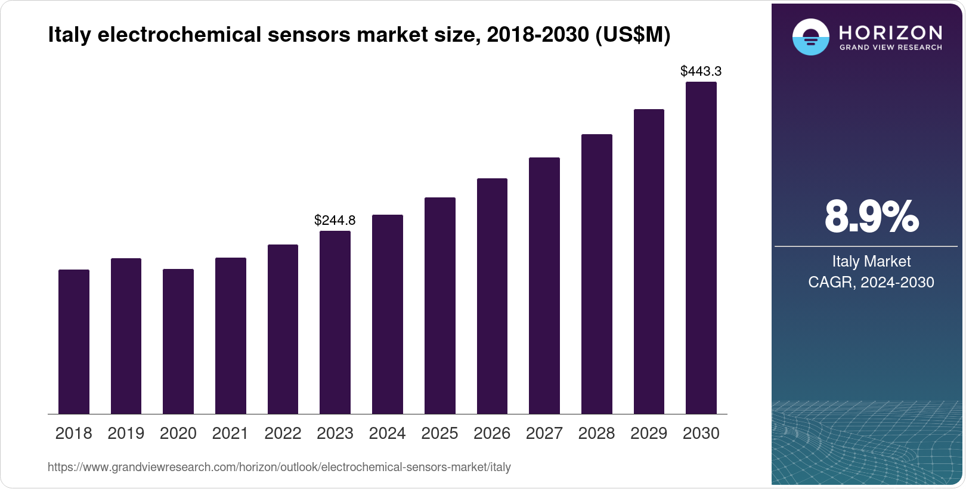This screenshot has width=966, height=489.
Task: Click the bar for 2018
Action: point(74,342)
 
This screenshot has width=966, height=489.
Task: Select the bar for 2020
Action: point(178,342)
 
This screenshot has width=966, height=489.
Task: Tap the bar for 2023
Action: point(335,323)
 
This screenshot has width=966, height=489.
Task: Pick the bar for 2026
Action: point(492,296)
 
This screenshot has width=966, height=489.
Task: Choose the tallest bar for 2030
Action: point(701,248)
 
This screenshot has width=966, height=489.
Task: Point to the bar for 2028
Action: point(597,274)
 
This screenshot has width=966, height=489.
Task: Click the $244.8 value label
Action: point(335,220)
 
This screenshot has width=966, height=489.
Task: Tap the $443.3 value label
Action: point(701,71)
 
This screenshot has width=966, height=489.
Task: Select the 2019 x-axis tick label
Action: point(126,434)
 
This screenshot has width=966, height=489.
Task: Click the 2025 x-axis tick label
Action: point(439,434)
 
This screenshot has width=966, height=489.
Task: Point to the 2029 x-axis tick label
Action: point(649,434)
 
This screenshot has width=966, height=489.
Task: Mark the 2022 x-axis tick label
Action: point(283,434)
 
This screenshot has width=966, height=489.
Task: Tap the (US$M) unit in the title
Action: point(633,35)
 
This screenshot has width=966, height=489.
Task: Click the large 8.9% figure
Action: point(871,216)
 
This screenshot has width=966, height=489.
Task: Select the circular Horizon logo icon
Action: point(811,37)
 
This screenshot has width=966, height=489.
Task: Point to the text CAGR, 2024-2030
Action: point(871,282)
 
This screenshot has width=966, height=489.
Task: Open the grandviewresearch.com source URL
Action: point(279,467)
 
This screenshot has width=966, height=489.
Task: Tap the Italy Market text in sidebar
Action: point(871,261)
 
